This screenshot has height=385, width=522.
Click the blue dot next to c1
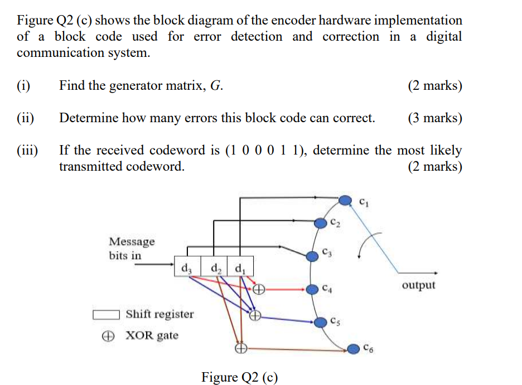pos(346,200)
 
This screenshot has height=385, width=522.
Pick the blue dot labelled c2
pos(320,223)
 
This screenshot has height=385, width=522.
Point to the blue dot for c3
pos(312,255)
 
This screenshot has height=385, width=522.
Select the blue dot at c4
pos(312,289)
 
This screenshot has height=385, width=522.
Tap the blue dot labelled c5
pos(320,322)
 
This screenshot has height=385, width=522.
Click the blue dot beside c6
pos(354,349)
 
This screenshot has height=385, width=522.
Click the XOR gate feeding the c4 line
pos(258,289)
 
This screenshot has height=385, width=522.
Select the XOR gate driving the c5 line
pos(254,316)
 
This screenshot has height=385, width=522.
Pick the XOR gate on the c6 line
pos(240,349)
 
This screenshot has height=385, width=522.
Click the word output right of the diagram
pos(418,285)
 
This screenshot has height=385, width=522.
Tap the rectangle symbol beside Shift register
pos(106,314)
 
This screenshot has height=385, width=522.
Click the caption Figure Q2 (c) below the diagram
pos(239,377)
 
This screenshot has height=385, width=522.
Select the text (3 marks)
pos(434,118)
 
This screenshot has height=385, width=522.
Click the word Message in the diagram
pos(132,242)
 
